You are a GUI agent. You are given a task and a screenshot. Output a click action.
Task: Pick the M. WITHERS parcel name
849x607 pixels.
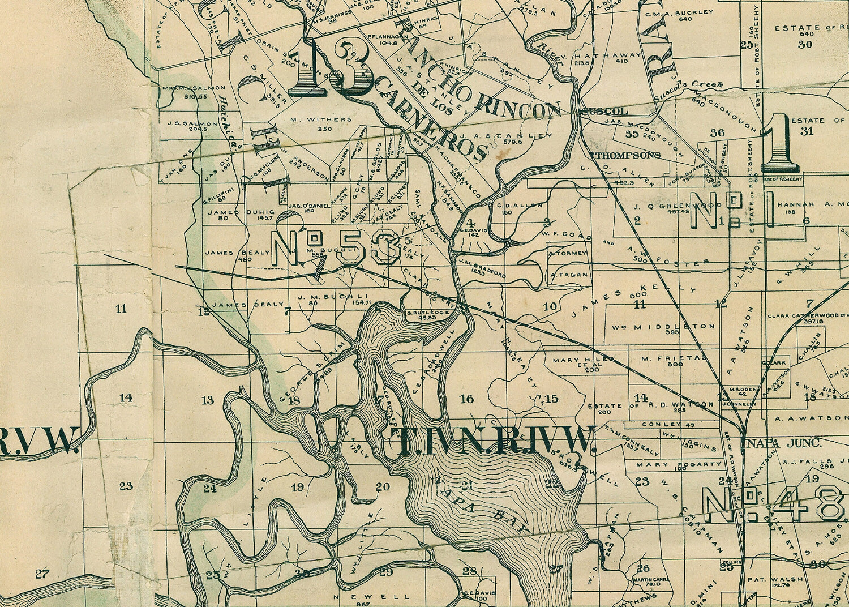pyautogui.click(x=321, y=119)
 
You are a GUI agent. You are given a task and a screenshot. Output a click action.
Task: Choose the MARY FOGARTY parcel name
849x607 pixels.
pyautogui.click(x=671, y=464)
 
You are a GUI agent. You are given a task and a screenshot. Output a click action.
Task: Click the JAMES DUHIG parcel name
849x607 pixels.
pyautogui.click(x=226, y=212)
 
